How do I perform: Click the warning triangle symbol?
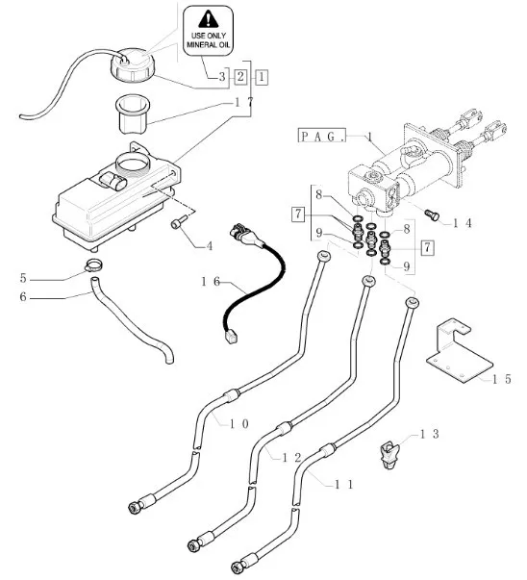point(209,19)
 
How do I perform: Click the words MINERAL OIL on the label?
point(209,45)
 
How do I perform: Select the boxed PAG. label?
point(322,136)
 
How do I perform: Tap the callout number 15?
point(502,379)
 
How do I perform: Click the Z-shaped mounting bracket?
point(459,351)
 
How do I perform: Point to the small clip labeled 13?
point(389,455)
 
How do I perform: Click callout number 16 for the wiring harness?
point(211,282)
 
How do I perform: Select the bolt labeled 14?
point(431,214)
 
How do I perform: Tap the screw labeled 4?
point(176,224)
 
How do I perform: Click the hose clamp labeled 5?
point(93,265)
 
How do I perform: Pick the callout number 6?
point(23,296)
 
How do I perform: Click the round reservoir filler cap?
point(132,64)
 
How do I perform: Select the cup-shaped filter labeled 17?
point(133,113)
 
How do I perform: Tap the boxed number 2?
point(240,77)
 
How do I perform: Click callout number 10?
point(239,424)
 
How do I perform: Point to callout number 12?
point(291,458)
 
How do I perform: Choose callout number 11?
point(344,484)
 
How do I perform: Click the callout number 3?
point(222,77)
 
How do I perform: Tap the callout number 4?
point(210,246)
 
